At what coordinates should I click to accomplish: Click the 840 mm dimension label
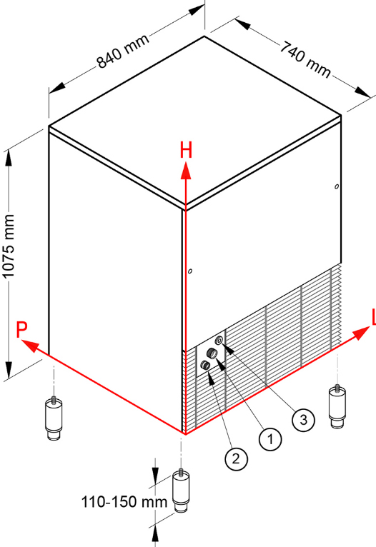123,51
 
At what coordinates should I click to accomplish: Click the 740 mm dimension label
305,59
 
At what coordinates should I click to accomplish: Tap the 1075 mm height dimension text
9,246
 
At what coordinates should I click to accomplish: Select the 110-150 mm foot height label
124,502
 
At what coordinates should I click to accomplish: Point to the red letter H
186,151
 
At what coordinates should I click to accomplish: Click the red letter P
21,330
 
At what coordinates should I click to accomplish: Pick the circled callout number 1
270,439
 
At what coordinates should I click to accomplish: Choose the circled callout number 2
237,458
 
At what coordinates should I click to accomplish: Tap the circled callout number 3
303,419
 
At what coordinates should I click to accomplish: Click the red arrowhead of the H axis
186,171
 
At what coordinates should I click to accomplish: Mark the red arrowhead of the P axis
30,346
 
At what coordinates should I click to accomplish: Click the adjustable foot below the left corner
54,418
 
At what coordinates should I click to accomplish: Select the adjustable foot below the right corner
337,406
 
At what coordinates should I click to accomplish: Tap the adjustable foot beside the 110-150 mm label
181,491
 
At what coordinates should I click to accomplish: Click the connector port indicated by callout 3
219,340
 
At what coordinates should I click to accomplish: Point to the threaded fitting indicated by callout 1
212,353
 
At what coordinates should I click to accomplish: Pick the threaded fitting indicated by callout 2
205,365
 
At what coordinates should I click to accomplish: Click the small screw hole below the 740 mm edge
337,186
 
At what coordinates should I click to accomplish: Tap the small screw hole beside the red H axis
190,271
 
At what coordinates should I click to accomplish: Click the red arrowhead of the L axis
361,333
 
